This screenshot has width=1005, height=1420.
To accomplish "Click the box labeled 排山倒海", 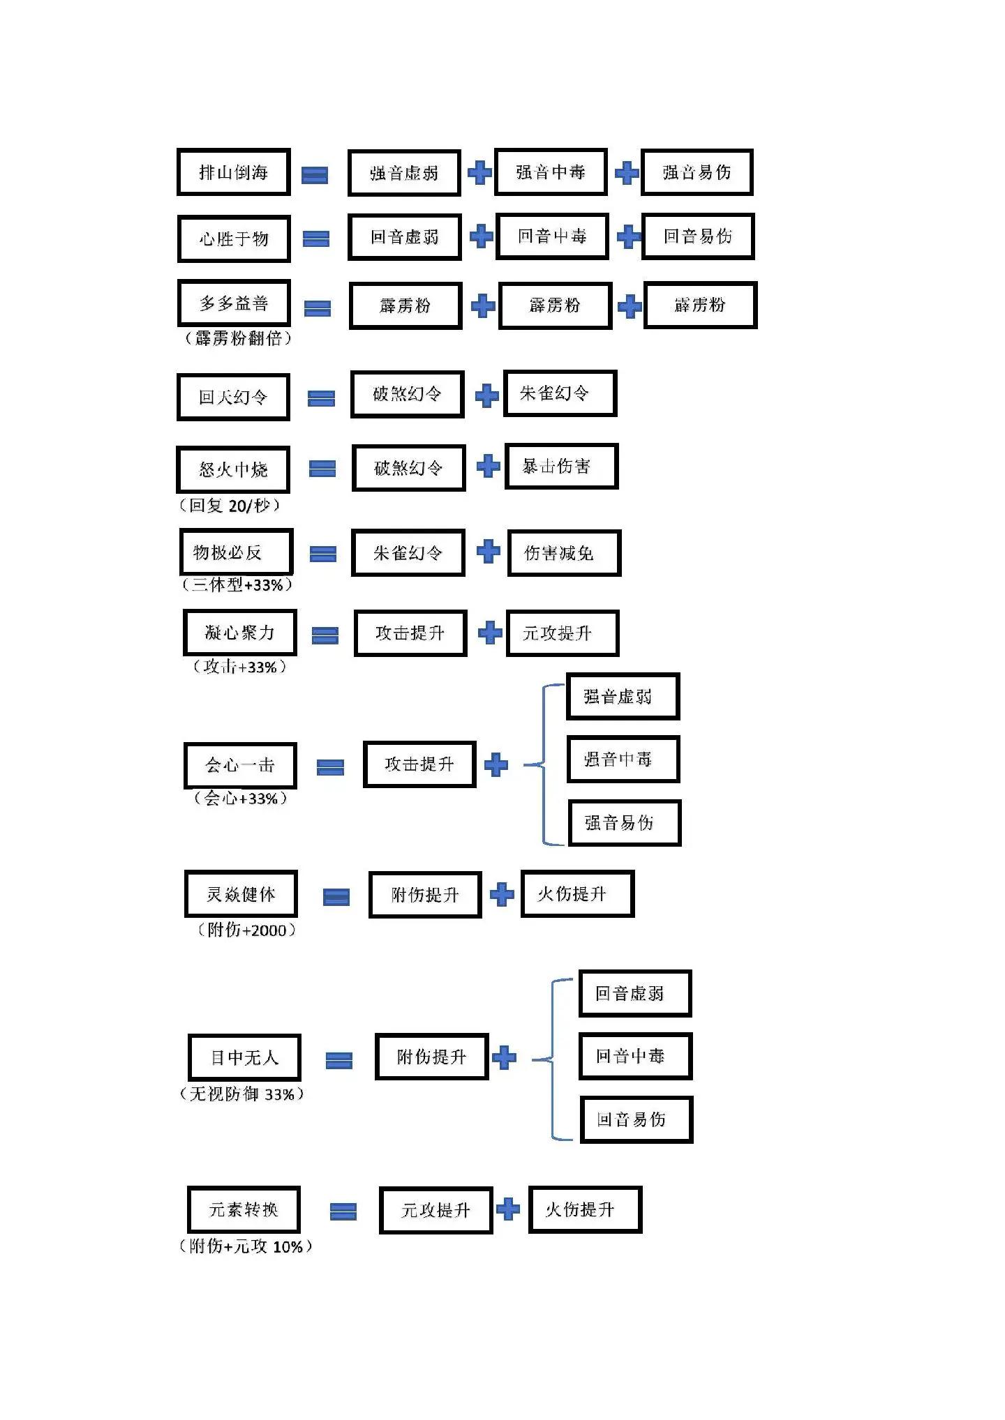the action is [234, 172].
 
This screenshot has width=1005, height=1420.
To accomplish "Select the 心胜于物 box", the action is [234, 239].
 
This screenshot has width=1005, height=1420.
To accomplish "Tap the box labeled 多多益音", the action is [234, 303].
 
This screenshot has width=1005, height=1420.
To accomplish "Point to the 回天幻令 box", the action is [233, 397].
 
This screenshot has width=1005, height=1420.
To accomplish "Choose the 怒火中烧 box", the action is [233, 469].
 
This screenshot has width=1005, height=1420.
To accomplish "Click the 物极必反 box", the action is [237, 552].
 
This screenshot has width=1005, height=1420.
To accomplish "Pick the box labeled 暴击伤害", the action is [562, 466].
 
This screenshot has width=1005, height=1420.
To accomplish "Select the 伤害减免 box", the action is [565, 553].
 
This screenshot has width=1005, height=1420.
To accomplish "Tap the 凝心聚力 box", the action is [240, 633].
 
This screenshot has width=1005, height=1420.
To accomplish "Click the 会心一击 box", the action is [241, 765].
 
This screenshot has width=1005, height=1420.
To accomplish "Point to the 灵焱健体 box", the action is [241, 893].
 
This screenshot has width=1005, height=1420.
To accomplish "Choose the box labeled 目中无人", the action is [245, 1057].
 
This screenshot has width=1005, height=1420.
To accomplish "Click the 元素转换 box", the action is [244, 1209].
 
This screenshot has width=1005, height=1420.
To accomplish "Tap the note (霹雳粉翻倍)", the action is [238, 338].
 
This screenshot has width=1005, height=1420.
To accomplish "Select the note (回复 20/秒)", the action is [230, 505].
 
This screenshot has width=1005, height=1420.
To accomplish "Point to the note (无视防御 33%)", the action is [242, 1094].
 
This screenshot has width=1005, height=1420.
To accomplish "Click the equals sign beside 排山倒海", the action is [315, 174].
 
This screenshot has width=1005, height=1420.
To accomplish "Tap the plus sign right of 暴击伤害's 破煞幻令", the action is [489, 466].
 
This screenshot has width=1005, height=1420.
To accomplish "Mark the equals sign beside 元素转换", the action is [343, 1211].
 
